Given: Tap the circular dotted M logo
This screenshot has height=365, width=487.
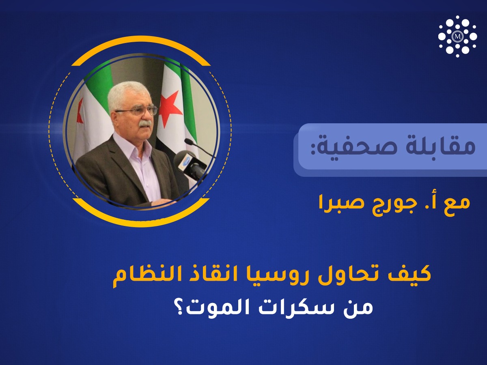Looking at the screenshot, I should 457,36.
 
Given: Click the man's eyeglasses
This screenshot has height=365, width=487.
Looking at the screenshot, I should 137,110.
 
